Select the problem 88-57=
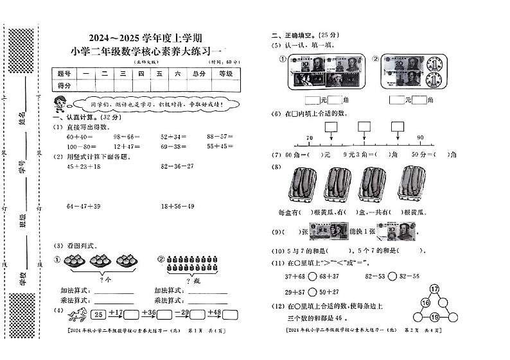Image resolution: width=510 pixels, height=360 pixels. (x=220, y=137)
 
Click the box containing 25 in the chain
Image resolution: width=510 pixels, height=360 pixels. (x=98, y=314)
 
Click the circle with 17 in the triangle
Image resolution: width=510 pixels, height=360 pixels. (x=434, y=289)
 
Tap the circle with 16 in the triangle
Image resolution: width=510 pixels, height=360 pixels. (x=425, y=303)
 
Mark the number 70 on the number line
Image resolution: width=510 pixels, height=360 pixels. (x=310, y=138)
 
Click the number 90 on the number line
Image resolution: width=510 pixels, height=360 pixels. (x=420, y=138)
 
